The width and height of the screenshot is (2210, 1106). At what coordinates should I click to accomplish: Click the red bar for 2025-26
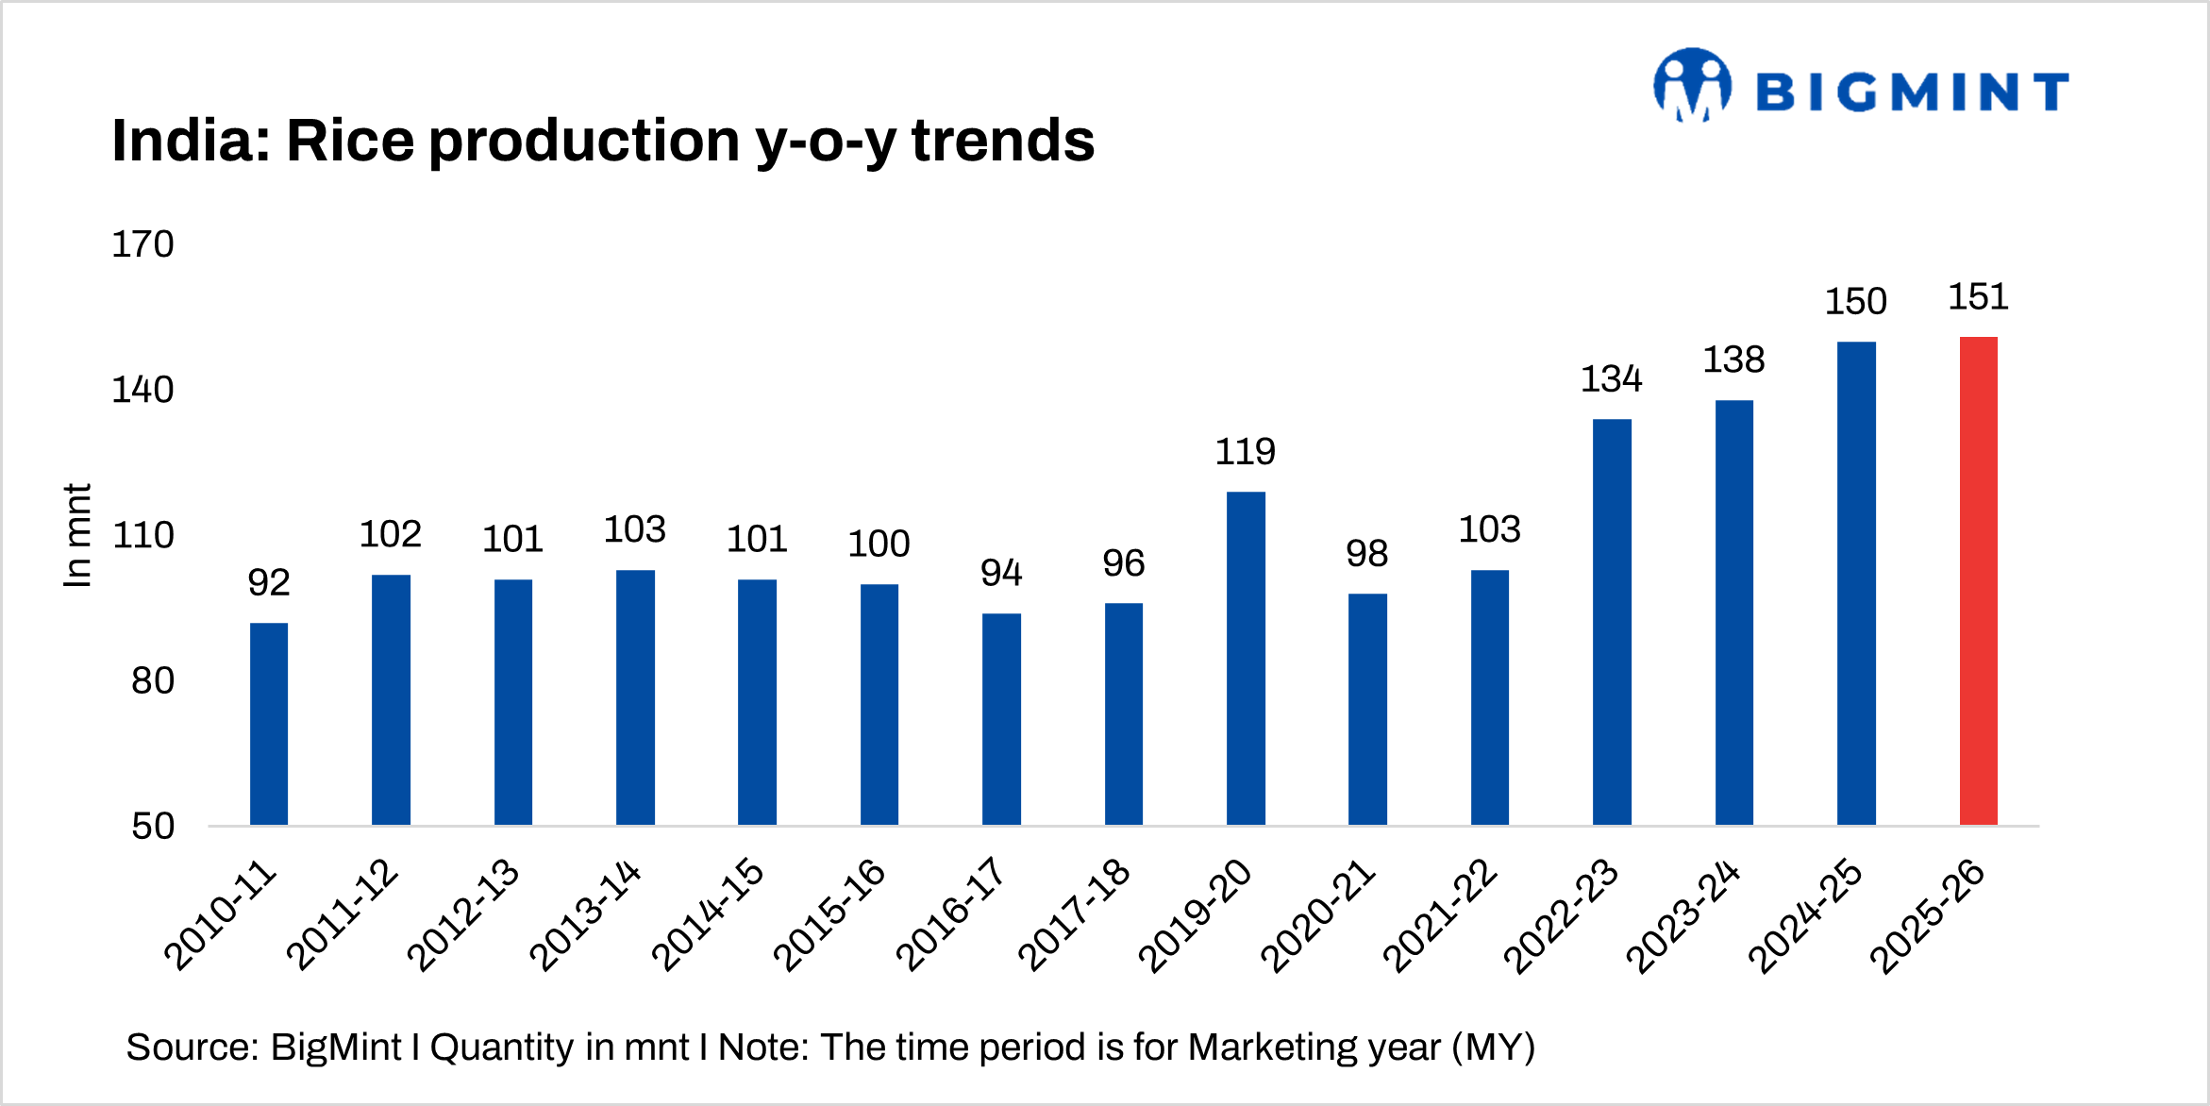click(x=1978, y=580)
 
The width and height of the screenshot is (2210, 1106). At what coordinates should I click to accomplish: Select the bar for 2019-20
click(x=1246, y=658)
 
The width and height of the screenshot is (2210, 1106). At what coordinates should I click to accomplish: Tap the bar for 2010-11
click(x=269, y=724)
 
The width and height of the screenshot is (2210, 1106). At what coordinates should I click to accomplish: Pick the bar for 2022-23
click(x=1612, y=622)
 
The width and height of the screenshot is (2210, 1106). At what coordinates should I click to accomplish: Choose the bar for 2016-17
click(x=1001, y=719)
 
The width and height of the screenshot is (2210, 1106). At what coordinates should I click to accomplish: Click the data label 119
click(x=1246, y=452)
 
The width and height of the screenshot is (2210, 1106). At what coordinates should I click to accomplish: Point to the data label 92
click(x=269, y=582)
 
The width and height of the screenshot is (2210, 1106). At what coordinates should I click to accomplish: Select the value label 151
click(x=1978, y=297)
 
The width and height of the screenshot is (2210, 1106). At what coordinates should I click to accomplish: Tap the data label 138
click(x=1733, y=360)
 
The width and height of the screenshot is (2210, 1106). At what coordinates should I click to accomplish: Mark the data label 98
click(x=1366, y=553)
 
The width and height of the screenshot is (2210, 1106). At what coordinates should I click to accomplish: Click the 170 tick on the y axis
click(x=142, y=244)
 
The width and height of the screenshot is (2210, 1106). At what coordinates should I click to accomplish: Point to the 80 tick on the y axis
click(x=153, y=680)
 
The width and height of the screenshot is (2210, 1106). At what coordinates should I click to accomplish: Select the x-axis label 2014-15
click(x=709, y=913)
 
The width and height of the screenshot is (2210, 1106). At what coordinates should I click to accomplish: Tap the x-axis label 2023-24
click(x=1683, y=915)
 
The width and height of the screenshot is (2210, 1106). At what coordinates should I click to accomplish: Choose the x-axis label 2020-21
click(x=1318, y=915)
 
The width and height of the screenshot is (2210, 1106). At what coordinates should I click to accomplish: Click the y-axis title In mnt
click(x=77, y=535)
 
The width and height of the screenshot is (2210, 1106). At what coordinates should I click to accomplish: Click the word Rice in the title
click(x=349, y=141)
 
